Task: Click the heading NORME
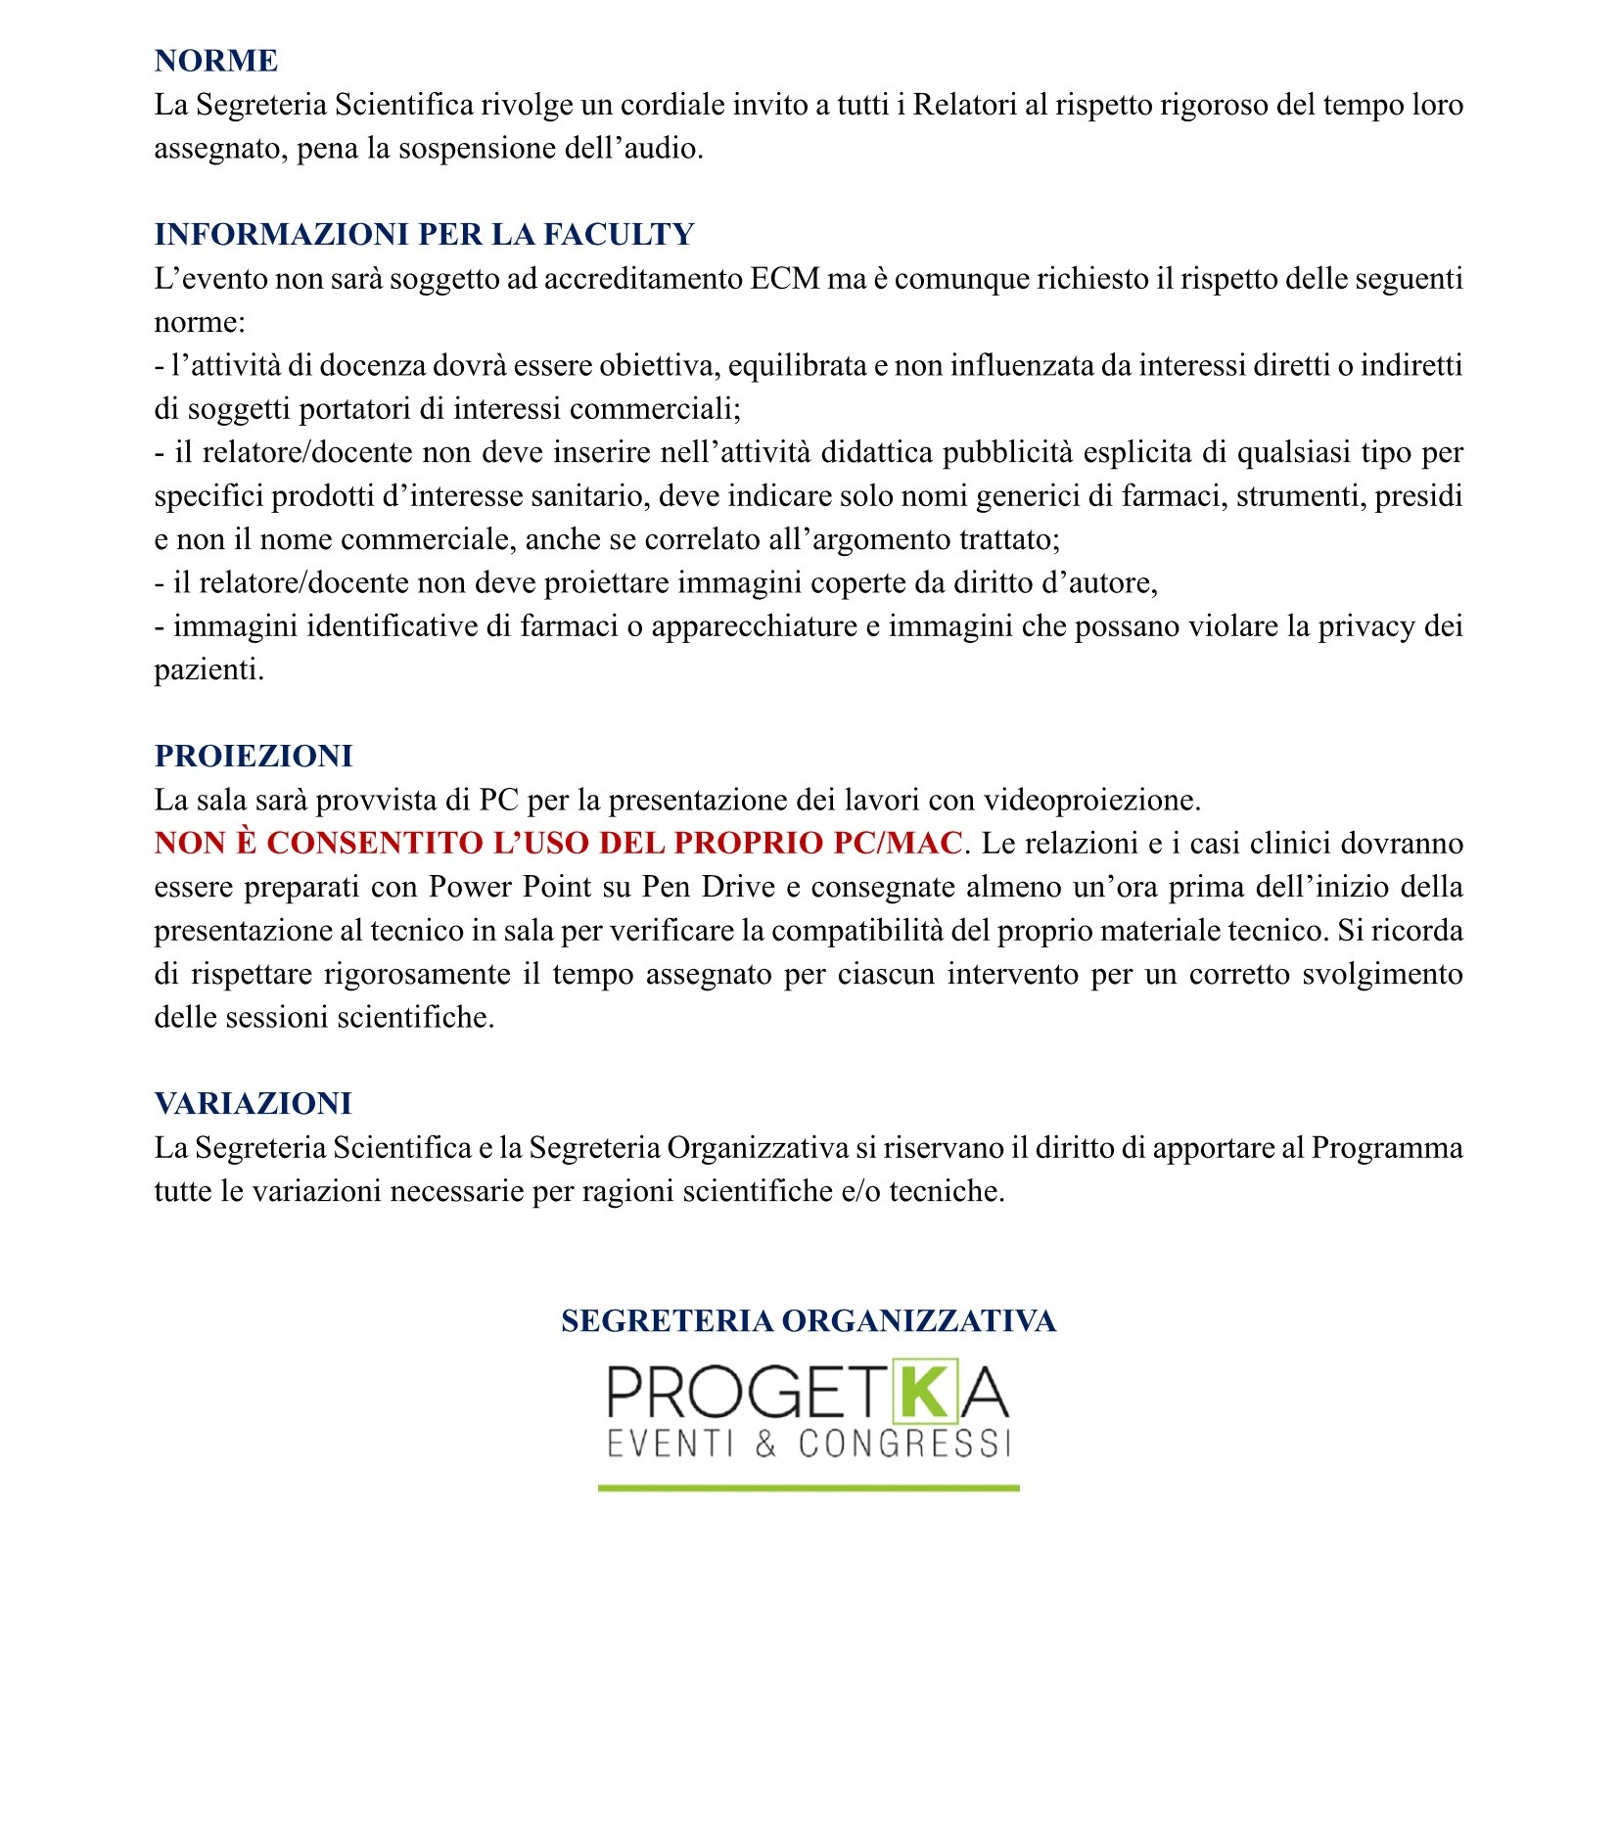pyautogui.click(x=215, y=61)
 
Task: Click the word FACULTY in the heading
pyautogui.click(x=619, y=235)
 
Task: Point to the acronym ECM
pyautogui.click(x=785, y=279)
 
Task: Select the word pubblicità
pyautogui.click(x=1008, y=452)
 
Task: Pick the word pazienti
pyautogui.click(x=208, y=670)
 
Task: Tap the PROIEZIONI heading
pyautogui.click(x=254, y=757)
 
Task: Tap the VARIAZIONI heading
pyautogui.click(x=253, y=1104)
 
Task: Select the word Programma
pyautogui.click(x=1386, y=1148)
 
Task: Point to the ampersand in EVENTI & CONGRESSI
pyautogui.click(x=765, y=1444)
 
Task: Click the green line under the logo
pyautogui.click(x=809, y=1488)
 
